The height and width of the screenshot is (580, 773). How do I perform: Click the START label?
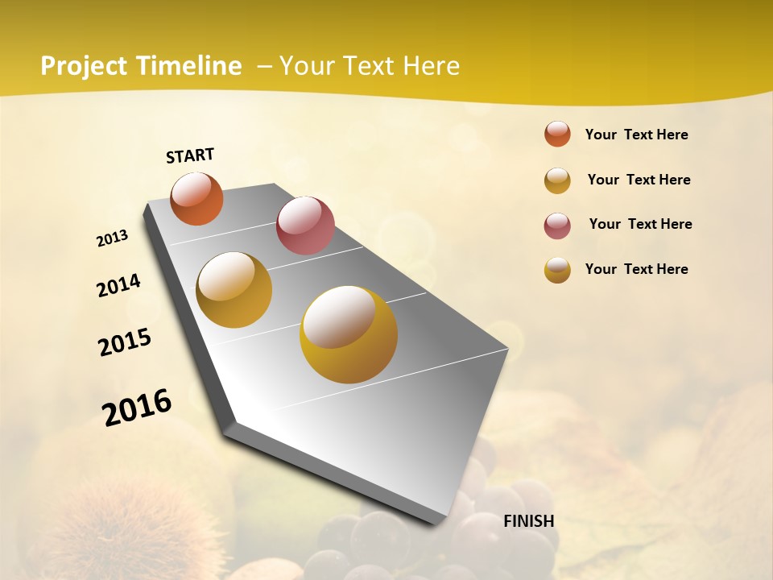190,155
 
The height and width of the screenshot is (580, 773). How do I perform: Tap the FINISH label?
529,520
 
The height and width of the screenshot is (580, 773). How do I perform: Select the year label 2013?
113,238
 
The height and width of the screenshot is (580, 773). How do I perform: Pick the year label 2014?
118,285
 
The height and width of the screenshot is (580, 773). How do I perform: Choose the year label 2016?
137,407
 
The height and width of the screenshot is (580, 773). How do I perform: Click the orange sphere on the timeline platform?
197,198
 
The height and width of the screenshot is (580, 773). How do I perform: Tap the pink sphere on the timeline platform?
305,225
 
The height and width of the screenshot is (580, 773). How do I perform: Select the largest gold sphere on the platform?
349,334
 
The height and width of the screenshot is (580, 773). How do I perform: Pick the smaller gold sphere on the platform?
234,290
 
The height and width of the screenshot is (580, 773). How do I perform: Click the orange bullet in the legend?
557,134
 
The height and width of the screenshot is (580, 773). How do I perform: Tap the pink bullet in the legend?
557,226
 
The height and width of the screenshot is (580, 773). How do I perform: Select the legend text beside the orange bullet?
636,135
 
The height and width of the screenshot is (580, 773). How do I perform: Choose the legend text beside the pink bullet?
640,224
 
